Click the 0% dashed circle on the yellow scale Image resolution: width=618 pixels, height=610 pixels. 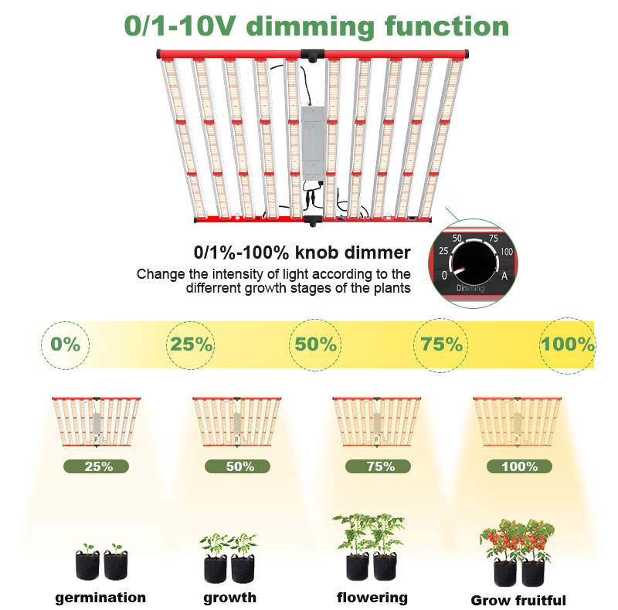[x=66, y=345]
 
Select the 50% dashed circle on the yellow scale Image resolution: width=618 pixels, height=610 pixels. [x=315, y=345]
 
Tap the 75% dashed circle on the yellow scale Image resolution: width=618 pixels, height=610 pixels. [x=440, y=345]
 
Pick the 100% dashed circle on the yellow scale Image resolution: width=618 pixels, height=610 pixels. [x=567, y=345]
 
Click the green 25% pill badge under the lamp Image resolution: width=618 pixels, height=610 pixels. [x=96, y=466]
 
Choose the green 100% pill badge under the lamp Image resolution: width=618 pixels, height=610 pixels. [x=519, y=466]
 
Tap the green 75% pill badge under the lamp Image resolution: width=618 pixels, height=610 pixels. [x=378, y=466]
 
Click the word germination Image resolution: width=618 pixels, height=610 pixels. [x=100, y=598]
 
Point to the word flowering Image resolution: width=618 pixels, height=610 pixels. [x=372, y=598]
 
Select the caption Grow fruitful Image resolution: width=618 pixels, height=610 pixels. [x=518, y=600]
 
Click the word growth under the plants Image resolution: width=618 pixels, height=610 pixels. [x=229, y=598]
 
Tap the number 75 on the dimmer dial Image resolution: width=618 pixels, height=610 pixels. [x=494, y=238]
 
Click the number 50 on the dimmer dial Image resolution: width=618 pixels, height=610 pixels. [x=457, y=238]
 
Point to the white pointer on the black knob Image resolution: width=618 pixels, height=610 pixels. [x=458, y=270]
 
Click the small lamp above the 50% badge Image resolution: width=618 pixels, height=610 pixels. [x=237, y=422]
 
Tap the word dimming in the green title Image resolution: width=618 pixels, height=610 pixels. [x=311, y=27]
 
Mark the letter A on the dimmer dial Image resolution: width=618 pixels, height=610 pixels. [x=504, y=276]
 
